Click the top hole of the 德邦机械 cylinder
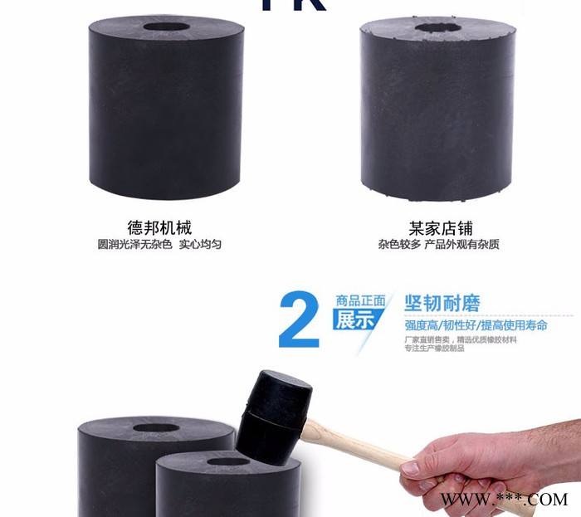165,27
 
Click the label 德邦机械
159,227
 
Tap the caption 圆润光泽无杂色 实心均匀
159,245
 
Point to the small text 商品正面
361,300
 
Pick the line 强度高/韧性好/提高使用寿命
476,325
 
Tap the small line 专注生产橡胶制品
434,349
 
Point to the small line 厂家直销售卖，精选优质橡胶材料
461,340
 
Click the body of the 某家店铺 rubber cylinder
436,116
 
